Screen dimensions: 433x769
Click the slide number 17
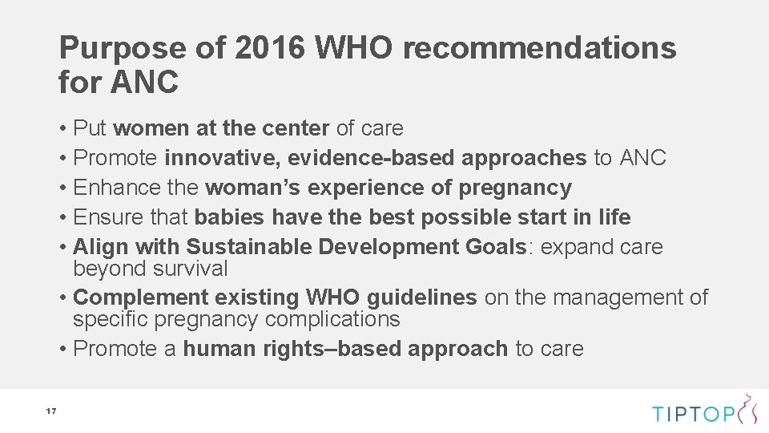coord(50,411)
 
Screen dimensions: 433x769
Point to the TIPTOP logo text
coord(692,414)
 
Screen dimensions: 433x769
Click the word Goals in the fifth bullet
coord(495,247)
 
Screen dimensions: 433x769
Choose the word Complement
coord(141,297)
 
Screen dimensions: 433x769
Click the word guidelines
coord(421,297)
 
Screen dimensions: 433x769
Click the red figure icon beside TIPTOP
coord(747,409)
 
